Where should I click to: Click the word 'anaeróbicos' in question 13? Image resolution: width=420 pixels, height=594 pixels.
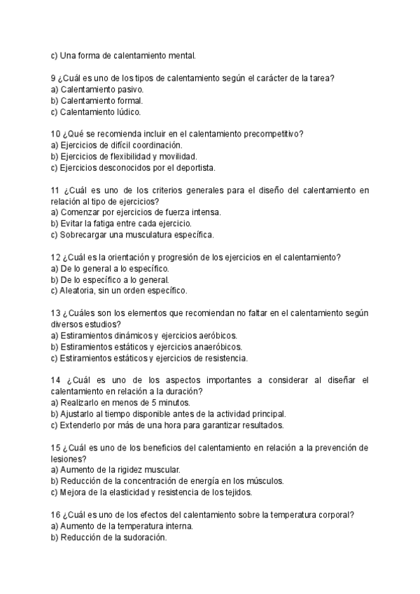pos(218,347)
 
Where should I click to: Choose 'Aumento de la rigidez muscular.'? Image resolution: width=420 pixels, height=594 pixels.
pos(115,469)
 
